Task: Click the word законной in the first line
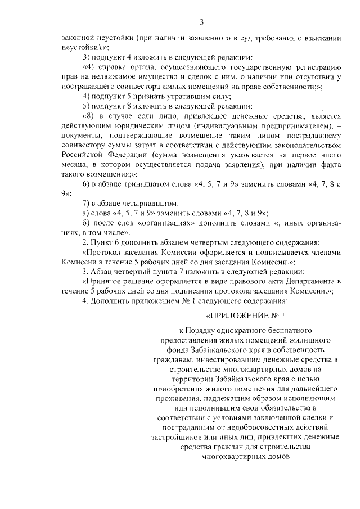[x=78, y=38]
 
